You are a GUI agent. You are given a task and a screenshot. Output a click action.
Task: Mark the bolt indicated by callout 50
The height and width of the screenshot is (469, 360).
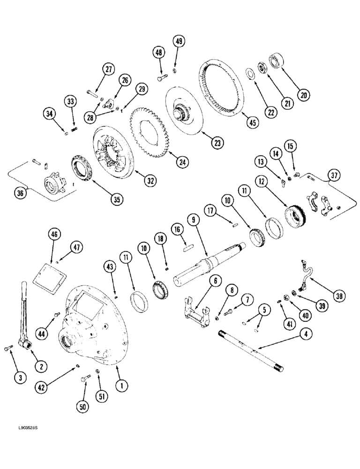(85, 378)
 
